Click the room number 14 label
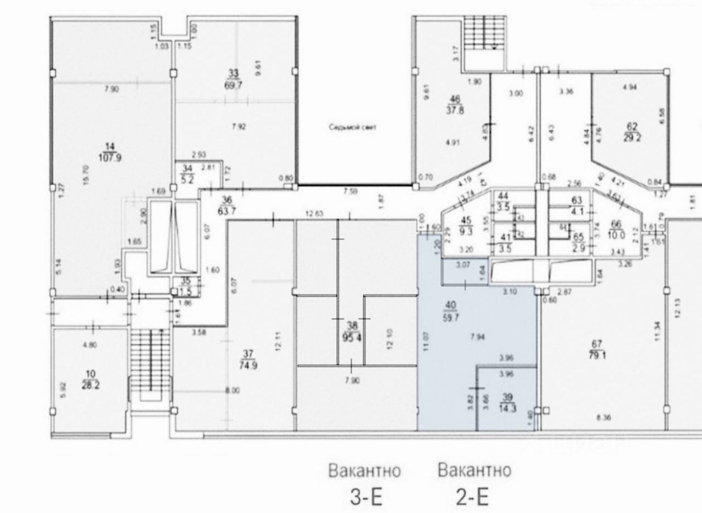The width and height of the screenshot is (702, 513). click(x=109, y=146)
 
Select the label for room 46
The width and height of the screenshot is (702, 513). click(x=454, y=99)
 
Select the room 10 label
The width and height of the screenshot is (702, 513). click(x=89, y=374)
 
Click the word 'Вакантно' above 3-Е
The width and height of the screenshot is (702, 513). click(x=365, y=471)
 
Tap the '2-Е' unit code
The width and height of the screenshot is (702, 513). click(x=472, y=498)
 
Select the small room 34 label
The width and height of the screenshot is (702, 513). click(x=187, y=168)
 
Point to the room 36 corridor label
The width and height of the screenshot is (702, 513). click(x=227, y=200)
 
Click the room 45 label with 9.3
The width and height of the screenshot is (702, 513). click(x=466, y=221)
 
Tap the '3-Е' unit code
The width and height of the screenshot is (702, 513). click(x=366, y=498)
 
